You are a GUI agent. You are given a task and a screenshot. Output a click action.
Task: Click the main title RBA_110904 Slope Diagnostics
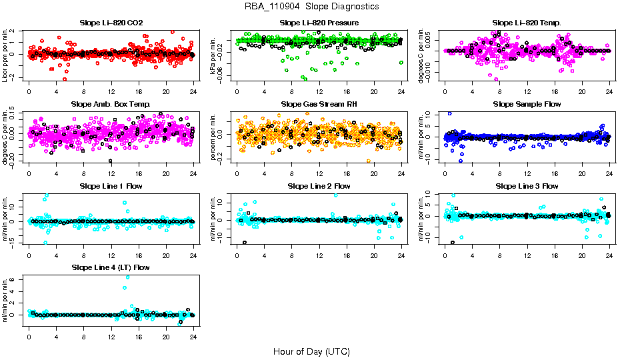point(312,6)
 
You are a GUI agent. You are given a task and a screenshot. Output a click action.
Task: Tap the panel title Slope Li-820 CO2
point(111,23)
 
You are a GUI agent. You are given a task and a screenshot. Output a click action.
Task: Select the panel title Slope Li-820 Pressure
point(319,23)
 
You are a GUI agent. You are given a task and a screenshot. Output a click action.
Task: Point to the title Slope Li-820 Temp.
point(527,23)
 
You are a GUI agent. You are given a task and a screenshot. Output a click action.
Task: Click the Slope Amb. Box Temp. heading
point(111,104)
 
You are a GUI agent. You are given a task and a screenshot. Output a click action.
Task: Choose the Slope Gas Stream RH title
point(319,104)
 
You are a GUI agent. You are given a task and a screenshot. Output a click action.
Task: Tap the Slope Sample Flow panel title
point(527,104)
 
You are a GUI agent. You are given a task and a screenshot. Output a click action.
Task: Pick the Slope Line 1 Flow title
point(111,186)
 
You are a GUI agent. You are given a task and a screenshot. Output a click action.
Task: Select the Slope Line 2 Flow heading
point(319,186)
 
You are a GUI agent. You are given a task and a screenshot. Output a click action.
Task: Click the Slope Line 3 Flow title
point(527,186)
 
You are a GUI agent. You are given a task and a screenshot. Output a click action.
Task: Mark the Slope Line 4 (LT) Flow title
point(111,267)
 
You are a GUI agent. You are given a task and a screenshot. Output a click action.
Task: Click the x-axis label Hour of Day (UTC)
point(311,351)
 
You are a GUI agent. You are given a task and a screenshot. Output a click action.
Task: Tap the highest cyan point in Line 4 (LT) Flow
point(127,277)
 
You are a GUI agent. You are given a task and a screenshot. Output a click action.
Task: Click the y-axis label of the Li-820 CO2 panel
point(6,55)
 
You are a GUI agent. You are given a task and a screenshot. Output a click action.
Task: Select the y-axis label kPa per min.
point(215,55)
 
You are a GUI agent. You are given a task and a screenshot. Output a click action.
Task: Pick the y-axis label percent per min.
point(215,137)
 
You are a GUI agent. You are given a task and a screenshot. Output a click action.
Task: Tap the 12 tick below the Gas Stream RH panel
point(319,173)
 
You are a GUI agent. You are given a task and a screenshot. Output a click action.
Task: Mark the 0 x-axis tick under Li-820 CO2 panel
point(29,92)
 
